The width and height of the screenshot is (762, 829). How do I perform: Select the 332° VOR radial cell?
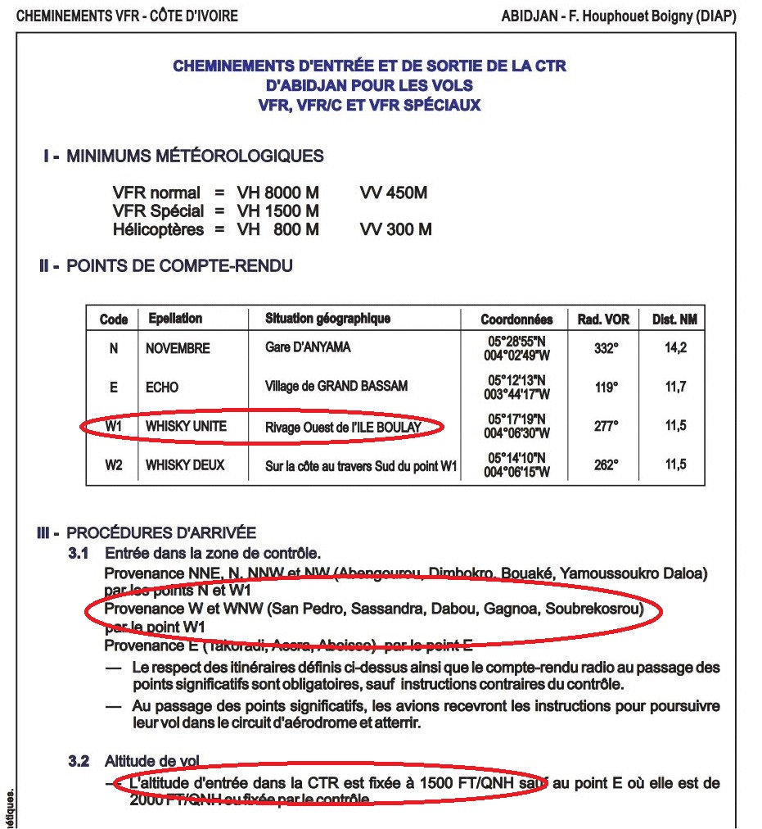point(606,348)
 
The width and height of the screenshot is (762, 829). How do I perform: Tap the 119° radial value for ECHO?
point(606,387)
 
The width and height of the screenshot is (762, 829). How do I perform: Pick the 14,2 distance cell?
point(675,348)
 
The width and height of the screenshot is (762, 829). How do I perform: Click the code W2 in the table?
point(114,465)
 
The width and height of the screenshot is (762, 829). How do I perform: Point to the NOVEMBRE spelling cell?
point(178,348)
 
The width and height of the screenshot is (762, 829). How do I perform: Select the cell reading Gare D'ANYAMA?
point(308,347)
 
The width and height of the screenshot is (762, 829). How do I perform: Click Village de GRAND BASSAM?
point(336,387)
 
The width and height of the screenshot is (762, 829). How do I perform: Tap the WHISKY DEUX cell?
point(185,465)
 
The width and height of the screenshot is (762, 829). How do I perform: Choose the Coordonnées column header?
point(516,319)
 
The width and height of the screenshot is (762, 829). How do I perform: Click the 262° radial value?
point(606,465)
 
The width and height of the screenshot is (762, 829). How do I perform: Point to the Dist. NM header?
point(674,319)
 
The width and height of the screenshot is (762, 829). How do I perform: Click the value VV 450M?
point(393,193)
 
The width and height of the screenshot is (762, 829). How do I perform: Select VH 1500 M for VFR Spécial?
point(278,211)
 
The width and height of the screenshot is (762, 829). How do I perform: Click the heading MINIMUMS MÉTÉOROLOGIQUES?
point(195,156)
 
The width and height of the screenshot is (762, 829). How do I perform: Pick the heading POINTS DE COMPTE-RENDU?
point(179,266)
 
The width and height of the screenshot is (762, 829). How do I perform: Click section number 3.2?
point(79,762)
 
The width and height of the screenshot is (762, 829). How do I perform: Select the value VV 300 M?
point(395,229)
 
